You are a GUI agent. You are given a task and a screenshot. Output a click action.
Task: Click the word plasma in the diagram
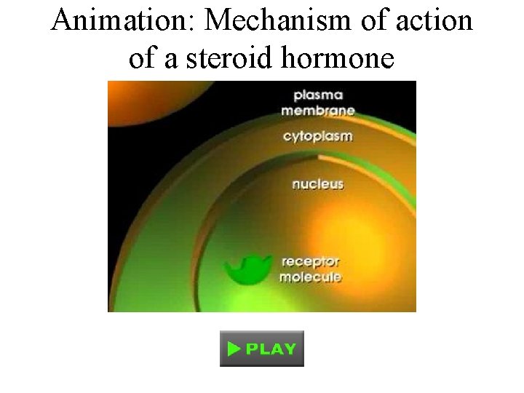(318, 95)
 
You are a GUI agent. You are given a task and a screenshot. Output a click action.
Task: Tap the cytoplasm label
(318, 137)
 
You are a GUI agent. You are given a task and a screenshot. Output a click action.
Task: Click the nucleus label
(317, 184)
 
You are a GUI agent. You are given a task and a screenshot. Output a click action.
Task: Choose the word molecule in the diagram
(311, 277)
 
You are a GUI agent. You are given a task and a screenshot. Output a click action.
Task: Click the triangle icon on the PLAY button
(234, 349)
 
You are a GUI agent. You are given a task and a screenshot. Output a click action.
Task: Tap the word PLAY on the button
(271, 349)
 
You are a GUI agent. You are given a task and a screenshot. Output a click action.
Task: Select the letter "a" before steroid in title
(172, 58)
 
